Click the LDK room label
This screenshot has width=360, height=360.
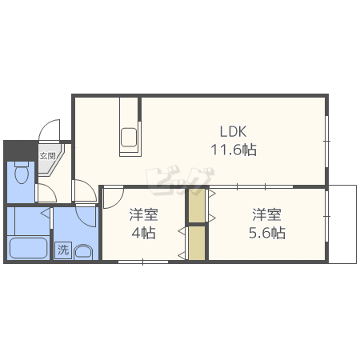(233, 131)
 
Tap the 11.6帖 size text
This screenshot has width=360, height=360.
(234, 150)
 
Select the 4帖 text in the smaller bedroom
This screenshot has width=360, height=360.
(143, 233)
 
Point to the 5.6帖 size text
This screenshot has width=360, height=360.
(267, 233)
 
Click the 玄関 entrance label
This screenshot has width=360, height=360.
(47, 156)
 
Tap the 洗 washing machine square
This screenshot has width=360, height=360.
(63, 250)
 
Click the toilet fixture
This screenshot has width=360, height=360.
(22, 173)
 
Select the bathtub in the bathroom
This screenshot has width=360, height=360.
(28, 248)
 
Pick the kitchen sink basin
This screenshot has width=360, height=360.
(129, 138)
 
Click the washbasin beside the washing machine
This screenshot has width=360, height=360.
(83, 251)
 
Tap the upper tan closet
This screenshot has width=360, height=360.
(197, 206)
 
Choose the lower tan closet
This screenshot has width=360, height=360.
(197, 242)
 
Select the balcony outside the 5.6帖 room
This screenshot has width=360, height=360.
(342, 224)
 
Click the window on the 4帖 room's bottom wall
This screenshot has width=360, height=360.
(143, 262)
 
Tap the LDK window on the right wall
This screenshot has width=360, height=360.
(327, 142)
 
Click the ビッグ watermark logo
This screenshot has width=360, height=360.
(179, 179)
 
